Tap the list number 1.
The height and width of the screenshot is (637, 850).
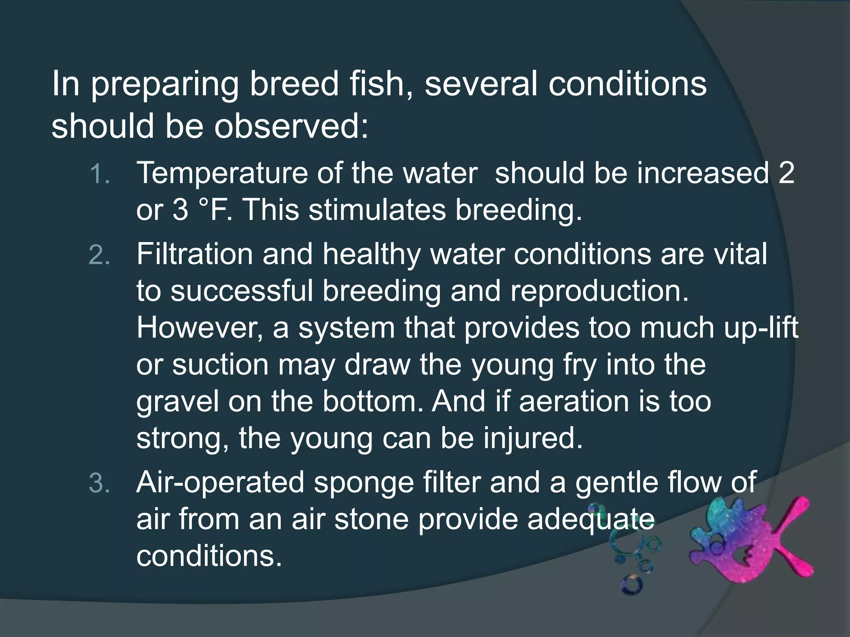(100, 174)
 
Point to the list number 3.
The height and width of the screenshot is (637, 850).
(100, 484)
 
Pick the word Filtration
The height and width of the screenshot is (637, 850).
(194, 254)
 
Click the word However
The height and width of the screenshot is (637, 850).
(199, 328)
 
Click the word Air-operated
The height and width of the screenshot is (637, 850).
(220, 483)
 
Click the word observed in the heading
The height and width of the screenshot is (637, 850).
(291, 126)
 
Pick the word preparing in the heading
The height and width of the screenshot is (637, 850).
(164, 85)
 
